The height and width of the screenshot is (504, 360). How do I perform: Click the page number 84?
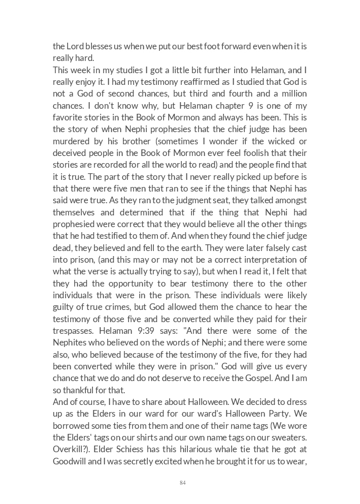(x=182, y=483)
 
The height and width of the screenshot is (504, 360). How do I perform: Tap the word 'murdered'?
(x=70, y=141)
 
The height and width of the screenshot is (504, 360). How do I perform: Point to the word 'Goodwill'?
(x=71, y=461)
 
